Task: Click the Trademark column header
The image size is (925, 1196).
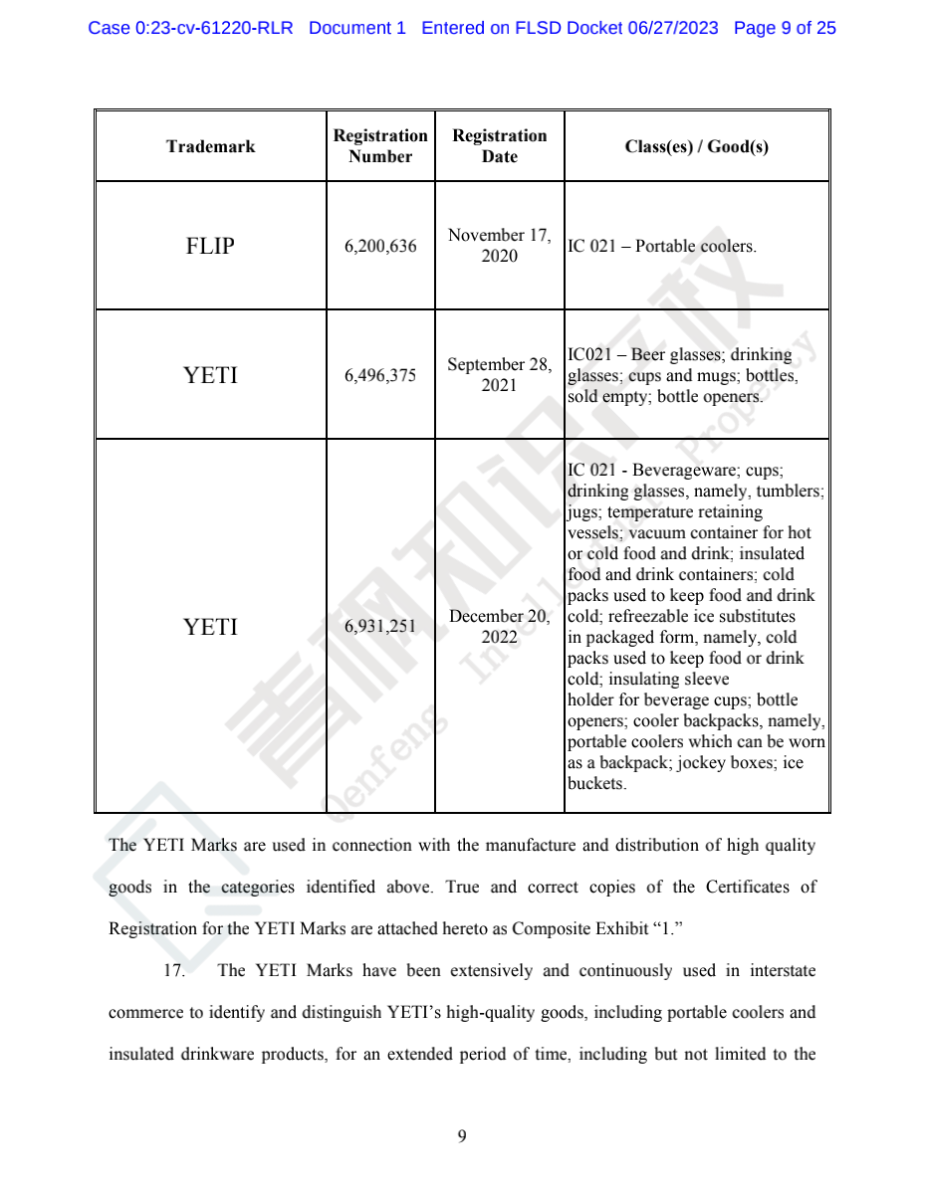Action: point(210,146)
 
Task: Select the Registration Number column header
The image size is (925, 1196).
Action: point(380,146)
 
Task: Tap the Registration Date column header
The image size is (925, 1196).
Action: point(499,146)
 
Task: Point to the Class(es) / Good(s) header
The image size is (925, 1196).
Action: point(696,146)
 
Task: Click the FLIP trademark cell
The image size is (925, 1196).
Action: point(210,246)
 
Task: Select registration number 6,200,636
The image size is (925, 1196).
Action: point(380,246)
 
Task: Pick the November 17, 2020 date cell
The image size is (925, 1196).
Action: point(499,246)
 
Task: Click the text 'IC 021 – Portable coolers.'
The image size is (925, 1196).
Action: point(661,246)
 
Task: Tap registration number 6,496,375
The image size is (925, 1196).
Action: point(380,375)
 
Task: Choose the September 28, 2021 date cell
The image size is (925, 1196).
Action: point(499,375)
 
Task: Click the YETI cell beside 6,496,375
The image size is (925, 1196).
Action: point(210,375)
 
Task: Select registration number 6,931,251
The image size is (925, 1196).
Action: point(380,627)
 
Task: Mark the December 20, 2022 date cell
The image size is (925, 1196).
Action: point(499,627)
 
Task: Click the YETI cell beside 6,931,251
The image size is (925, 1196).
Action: point(210,627)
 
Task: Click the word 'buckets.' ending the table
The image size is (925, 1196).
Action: point(597,783)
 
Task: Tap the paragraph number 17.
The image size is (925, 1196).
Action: point(174,971)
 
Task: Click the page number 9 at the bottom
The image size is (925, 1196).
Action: point(462,1136)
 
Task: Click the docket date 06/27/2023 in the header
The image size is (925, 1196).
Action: point(672,28)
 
